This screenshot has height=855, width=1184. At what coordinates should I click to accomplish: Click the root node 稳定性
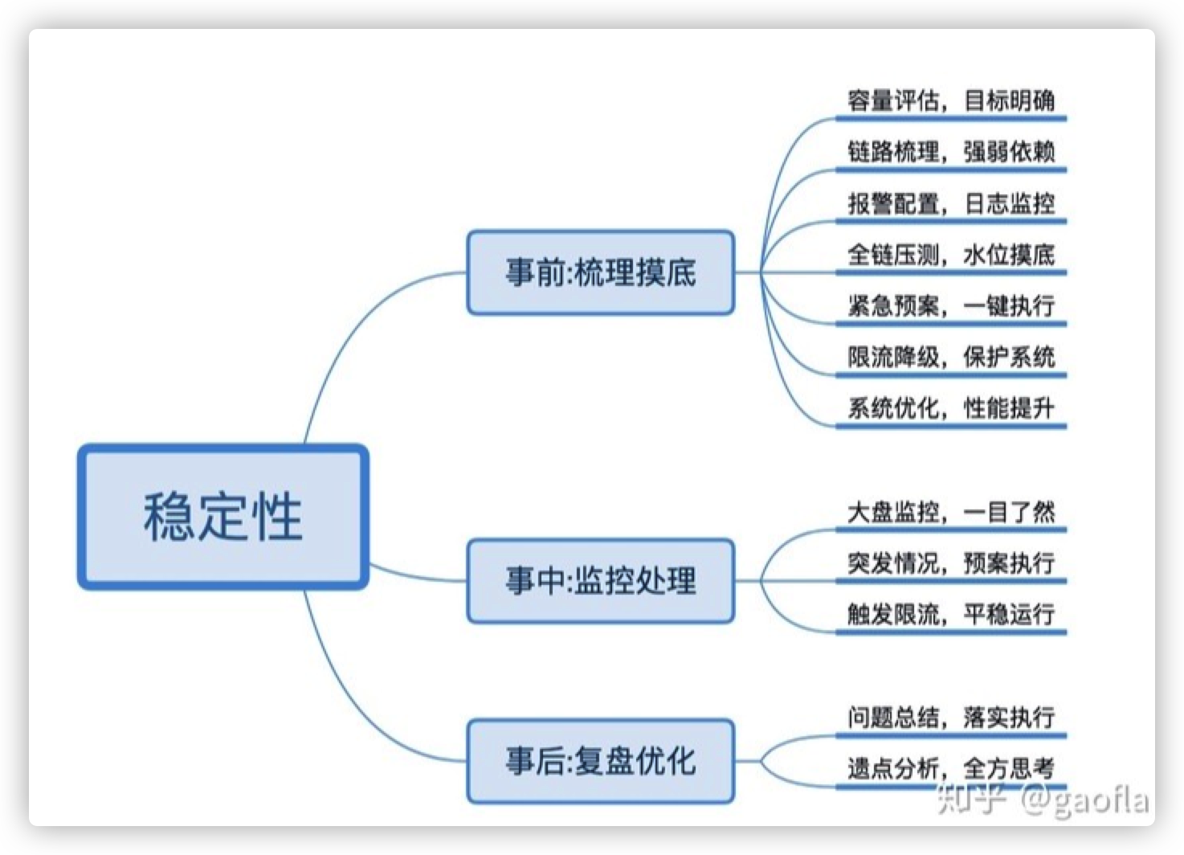[223, 517]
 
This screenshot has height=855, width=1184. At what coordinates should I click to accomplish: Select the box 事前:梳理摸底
[601, 272]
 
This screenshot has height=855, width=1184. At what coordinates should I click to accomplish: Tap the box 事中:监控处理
[601, 580]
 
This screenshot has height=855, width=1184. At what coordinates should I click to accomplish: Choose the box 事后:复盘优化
[601, 761]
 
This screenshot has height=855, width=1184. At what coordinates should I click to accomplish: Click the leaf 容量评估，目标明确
[951, 100]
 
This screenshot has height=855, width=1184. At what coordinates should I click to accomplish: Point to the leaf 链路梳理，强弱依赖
[951, 152]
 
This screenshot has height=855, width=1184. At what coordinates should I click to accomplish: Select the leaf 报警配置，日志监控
[951, 203]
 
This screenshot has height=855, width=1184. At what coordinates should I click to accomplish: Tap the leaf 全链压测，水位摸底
[951, 255]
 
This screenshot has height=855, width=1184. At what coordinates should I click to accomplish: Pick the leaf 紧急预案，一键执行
[951, 305]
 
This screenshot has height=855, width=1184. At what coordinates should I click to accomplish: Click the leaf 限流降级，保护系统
[951, 357]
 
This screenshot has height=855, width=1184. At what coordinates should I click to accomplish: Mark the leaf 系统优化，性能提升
[951, 407]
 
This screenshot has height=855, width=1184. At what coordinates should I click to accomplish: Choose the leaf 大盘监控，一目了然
[951, 511]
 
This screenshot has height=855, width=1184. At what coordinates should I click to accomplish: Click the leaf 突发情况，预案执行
[951, 562]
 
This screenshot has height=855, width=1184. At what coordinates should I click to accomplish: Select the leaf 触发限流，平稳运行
[951, 614]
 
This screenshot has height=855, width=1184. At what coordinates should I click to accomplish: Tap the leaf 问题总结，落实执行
[951, 717]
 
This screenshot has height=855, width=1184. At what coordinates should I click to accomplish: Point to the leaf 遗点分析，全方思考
[951, 768]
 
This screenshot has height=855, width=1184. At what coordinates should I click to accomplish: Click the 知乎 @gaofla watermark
[1043, 800]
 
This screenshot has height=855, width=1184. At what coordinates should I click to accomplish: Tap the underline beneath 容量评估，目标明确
[951, 118]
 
